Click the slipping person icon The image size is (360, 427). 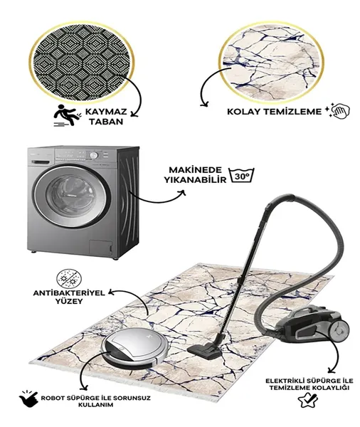[x=66, y=116]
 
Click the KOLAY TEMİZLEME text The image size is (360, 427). [x=275, y=112]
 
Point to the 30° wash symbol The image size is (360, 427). [x=241, y=175]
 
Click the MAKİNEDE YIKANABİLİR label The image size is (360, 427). [x=195, y=175]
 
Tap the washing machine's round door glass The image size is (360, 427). [x=72, y=195]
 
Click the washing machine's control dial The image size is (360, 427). [x=93, y=155]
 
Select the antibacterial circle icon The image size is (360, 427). [x=69, y=279]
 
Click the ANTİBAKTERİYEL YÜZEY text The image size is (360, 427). [x=69, y=297]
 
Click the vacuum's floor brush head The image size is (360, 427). [x=203, y=352]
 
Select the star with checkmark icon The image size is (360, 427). [x=308, y=400]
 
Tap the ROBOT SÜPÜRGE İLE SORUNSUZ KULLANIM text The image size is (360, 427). [x=95, y=401]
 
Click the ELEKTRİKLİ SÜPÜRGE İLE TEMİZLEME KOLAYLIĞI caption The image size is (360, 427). [x=309, y=384]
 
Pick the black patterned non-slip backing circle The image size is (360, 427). [x=82, y=61]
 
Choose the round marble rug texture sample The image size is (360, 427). [x=271, y=62]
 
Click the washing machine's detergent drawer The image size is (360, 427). [x=41, y=162]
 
